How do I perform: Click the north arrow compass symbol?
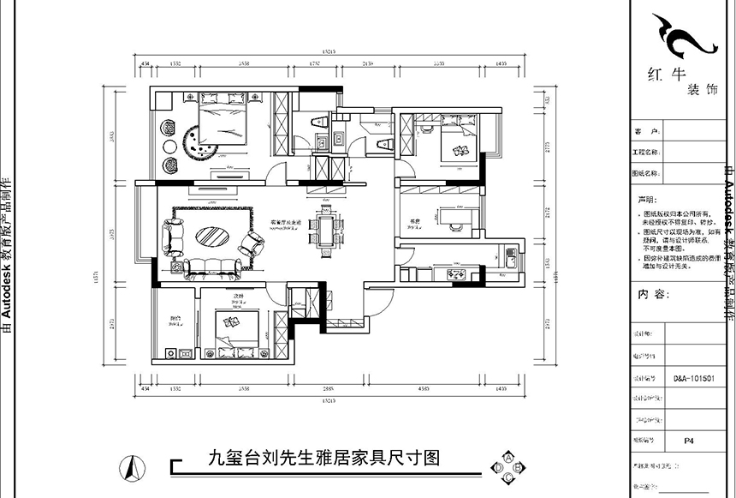coord(130,468)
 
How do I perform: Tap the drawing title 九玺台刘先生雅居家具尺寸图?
coord(323,459)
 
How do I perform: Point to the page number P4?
coord(689,441)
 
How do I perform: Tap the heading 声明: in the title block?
coord(644,196)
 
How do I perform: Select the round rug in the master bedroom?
coord(202,143)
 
